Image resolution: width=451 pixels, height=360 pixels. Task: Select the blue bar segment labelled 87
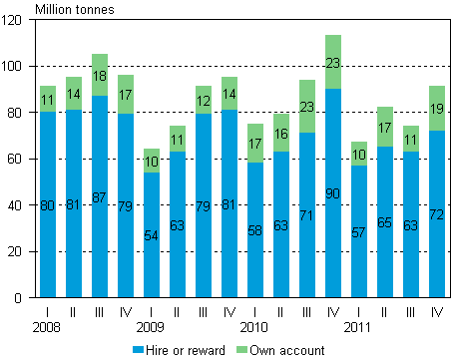click(x=100, y=196)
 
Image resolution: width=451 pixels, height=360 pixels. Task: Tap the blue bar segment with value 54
click(x=152, y=234)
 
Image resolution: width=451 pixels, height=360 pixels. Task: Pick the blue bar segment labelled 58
click(x=255, y=229)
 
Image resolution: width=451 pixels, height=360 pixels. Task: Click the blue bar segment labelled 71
click(x=307, y=214)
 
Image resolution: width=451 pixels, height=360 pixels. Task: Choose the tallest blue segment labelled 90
click(x=333, y=192)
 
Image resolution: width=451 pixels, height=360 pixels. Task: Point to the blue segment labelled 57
click(x=359, y=231)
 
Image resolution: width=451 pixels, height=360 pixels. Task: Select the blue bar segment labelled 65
click(x=385, y=221)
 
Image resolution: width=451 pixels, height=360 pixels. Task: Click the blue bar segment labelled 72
click(x=437, y=213)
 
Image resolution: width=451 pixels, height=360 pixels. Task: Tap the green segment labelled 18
click(x=100, y=75)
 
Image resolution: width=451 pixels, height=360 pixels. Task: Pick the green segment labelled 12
click(x=204, y=100)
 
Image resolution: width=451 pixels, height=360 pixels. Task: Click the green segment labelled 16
click(x=281, y=133)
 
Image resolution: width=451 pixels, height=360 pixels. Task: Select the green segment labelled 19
click(x=437, y=108)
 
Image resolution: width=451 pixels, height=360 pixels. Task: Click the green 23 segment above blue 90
click(x=333, y=62)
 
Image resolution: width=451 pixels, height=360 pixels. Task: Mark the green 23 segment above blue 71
click(x=307, y=106)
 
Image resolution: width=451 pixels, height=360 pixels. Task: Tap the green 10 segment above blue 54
click(x=152, y=161)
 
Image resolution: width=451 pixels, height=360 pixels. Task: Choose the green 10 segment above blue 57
click(x=359, y=154)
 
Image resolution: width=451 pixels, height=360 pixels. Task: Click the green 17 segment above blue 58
click(x=255, y=143)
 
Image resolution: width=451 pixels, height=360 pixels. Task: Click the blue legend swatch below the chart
click(x=139, y=349)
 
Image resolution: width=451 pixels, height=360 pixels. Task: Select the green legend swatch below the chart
click(x=242, y=349)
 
